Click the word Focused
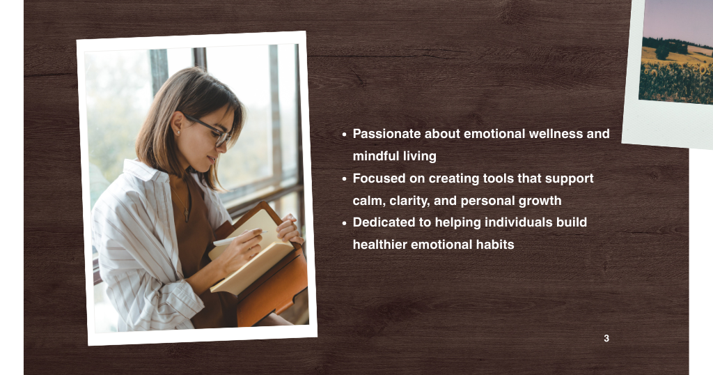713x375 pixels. (379, 178)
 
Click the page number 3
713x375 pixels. (606, 339)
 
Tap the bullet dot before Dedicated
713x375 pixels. (344, 223)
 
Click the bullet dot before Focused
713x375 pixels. (344, 179)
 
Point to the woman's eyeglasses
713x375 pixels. (209, 130)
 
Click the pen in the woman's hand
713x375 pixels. (234, 240)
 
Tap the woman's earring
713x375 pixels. (178, 132)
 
